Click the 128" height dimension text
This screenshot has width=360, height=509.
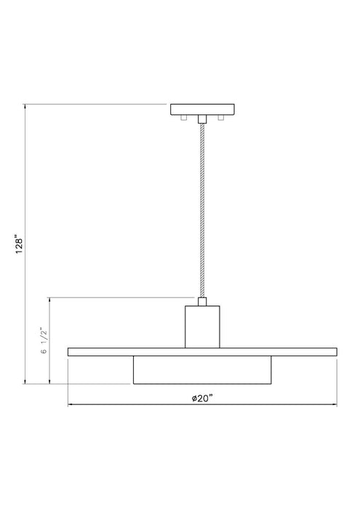click(x=21, y=244)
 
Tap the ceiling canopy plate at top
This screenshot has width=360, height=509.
click(x=202, y=111)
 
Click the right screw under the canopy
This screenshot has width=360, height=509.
click(x=219, y=118)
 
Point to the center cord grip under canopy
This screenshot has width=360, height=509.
click(x=202, y=119)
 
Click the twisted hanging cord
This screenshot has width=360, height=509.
click(x=202, y=211)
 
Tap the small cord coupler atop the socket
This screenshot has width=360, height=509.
click(x=202, y=301)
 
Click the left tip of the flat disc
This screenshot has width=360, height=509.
click(x=69, y=352)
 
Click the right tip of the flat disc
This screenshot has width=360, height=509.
click(x=336, y=352)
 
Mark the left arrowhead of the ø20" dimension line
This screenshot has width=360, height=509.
click(x=70, y=404)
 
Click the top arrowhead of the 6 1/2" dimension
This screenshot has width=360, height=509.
click(x=49, y=300)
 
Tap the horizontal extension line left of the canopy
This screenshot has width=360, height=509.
click(x=95, y=105)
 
